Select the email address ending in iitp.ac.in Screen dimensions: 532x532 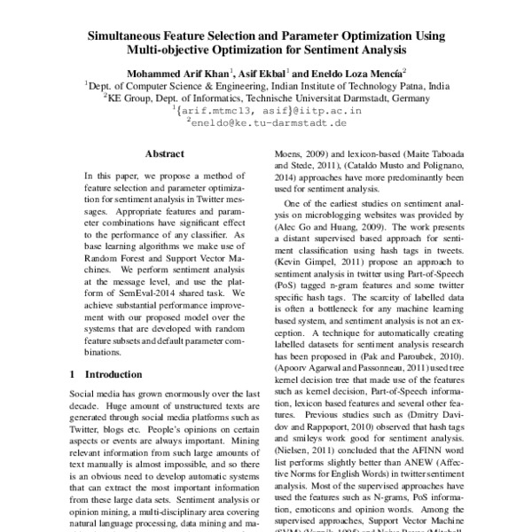click(266, 113)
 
